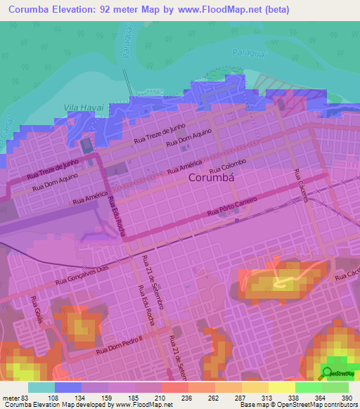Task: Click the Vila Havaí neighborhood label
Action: (84, 105)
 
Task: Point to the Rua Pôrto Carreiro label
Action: (232, 207)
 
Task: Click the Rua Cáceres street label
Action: (302, 186)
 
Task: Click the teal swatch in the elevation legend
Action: (41, 387)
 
